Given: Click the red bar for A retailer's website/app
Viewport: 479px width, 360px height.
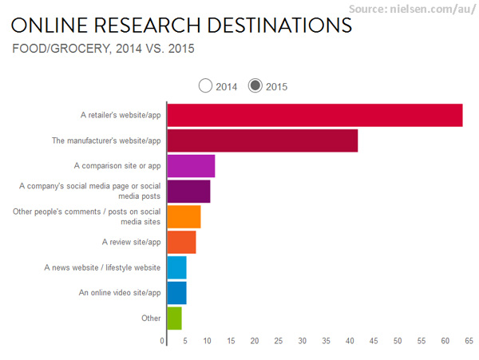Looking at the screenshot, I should [315, 115].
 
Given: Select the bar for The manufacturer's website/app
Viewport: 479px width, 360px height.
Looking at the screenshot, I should [262, 140].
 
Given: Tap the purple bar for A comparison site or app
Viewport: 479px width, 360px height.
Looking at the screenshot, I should [191, 166].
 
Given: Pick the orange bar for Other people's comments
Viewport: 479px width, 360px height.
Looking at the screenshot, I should [184, 216].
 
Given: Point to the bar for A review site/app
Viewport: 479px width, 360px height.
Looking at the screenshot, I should [181, 242].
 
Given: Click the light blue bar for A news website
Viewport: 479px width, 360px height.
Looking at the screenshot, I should [176, 267].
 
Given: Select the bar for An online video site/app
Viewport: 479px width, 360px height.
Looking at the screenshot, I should [176, 293].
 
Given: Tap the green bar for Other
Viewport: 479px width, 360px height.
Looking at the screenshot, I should [174, 318].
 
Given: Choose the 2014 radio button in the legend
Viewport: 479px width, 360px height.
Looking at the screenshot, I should [206, 85].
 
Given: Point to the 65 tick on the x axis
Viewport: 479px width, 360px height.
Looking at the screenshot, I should [469, 342].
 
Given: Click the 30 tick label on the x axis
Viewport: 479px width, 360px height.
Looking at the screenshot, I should [302, 342].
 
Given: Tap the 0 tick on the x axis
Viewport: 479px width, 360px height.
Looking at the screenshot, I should [163, 342].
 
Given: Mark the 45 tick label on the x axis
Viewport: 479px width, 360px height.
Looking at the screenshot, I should [374, 342].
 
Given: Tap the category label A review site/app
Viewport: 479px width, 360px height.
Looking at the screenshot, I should [131, 242].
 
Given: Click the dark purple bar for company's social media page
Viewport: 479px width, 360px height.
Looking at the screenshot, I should [188, 192].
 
